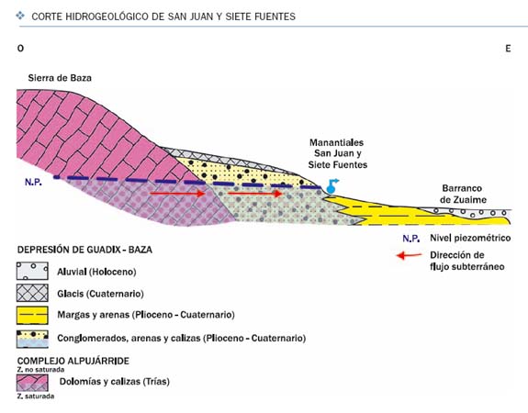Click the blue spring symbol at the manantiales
click(x=331, y=187)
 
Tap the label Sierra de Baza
click(x=60, y=78)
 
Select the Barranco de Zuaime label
click(x=463, y=194)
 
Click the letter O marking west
click(x=20, y=49)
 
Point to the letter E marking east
click(x=508, y=49)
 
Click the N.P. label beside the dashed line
click(x=33, y=182)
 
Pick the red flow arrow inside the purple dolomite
click(x=177, y=194)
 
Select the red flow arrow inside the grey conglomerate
click(x=255, y=194)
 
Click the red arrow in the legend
click(x=410, y=255)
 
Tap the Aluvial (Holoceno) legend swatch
click(x=32, y=272)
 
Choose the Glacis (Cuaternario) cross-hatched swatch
click(x=32, y=293)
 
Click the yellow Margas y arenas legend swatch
click(x=32, y=315)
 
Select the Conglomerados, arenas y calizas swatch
click(x=32, y=339)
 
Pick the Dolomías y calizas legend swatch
click(x=32, y=383)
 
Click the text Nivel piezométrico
click(x=470, y=238)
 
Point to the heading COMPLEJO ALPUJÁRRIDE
click(x=73, y=361)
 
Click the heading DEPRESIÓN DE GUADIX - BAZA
click(x=84, y=250)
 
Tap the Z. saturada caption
click(x=36, y=396)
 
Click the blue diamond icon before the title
click(x=20, y=16)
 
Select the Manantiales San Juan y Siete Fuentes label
click(x=337, y=153)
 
